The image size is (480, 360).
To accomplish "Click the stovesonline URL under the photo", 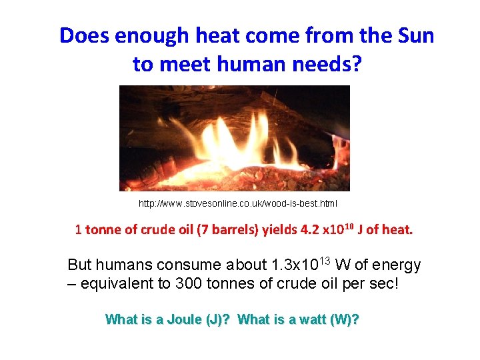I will point(238,203).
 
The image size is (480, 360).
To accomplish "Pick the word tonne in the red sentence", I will point(103,230).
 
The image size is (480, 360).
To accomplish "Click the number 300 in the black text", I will point(191,283).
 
